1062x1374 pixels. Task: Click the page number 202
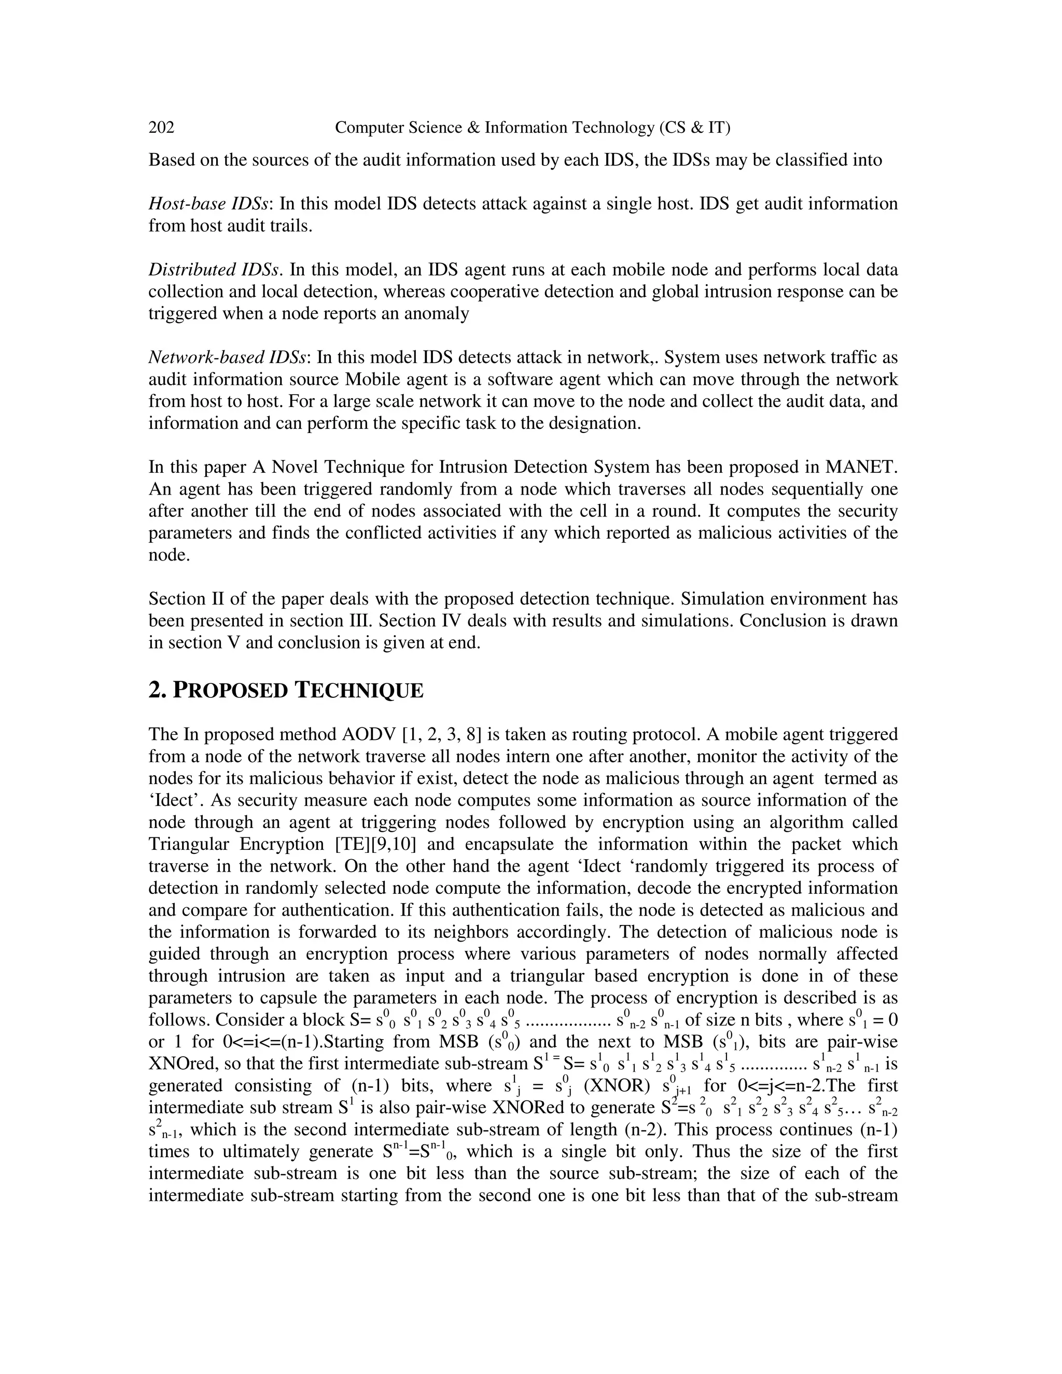pyautogui.click(x=161, y=128)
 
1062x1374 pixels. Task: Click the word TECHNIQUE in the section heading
pyautogui.click(x=360, y=691)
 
